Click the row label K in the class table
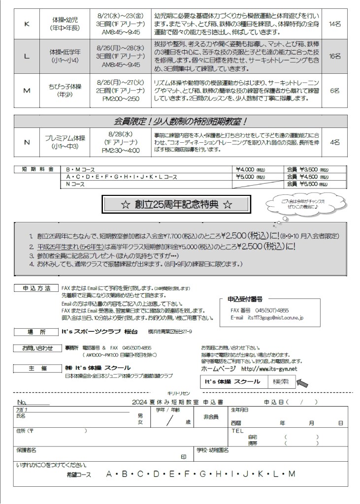point(27,24)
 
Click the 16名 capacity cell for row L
point(334,56)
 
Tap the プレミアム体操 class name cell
point(65,142)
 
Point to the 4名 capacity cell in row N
point(334,142)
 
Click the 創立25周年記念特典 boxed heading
point(176,204)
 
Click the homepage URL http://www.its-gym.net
point(269,369)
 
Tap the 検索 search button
point(282,381)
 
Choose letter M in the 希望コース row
point(292,474)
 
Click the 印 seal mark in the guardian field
point(183,456)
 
